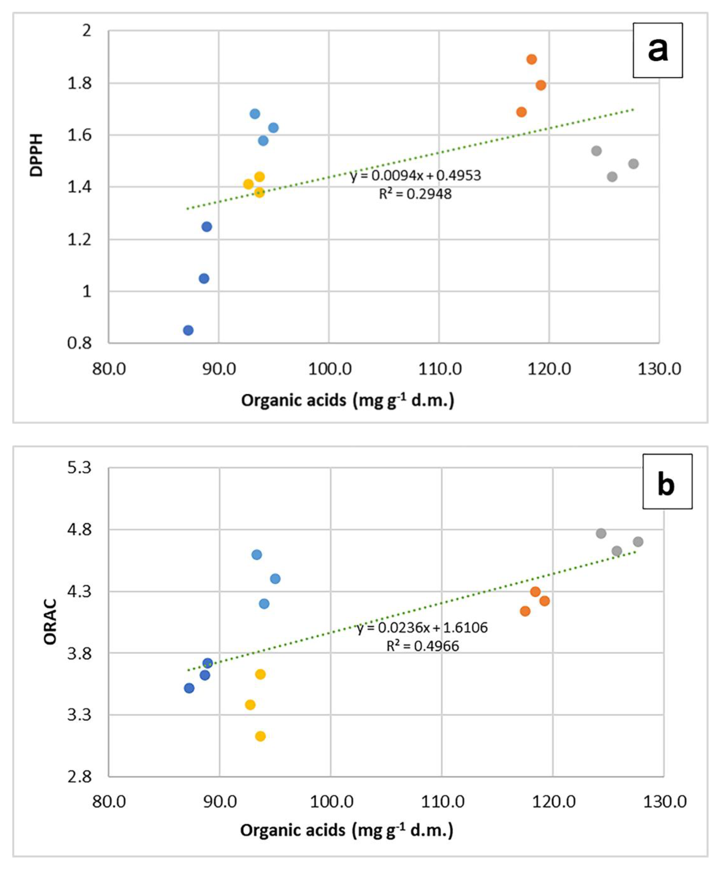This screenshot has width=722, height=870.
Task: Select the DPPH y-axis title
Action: click(x=37, y=155)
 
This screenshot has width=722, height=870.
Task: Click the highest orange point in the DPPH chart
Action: click(x=531, y=59)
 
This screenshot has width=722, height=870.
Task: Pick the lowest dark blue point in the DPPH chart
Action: click(x=188, y=330)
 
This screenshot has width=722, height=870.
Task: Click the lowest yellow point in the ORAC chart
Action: click(x=260, y=736)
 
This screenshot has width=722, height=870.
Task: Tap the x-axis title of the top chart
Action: click(x=347, y=401)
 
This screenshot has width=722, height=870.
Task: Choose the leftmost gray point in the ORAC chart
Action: click(x=601, y=533)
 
